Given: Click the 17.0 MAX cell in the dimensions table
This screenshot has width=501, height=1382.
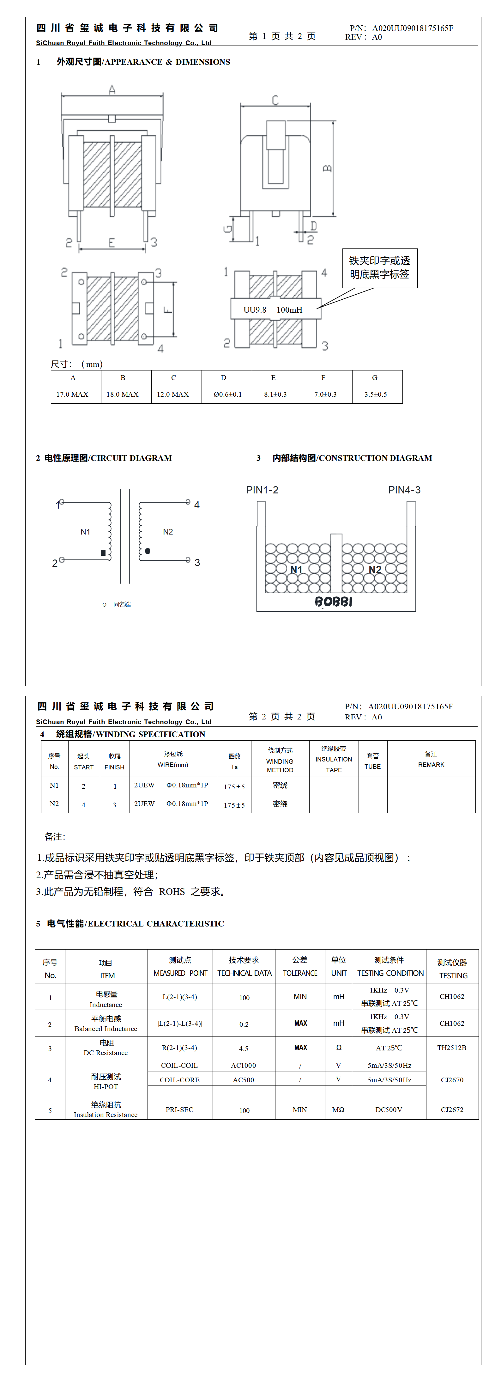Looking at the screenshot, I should tap(72, 394).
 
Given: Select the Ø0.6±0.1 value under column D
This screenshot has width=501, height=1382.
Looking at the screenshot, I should tap(227, 394).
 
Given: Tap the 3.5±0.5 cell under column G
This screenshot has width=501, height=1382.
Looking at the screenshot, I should tap(376, 394).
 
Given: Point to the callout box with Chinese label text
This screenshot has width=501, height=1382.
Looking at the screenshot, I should tap(380, 268).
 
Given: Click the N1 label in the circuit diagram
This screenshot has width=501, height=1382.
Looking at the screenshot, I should tap(85, 532).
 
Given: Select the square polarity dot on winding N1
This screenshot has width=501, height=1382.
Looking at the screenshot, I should tap(103, 552).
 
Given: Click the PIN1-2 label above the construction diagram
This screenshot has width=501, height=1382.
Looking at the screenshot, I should tap(262, 490).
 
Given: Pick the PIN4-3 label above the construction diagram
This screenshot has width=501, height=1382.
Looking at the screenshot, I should tap(404, 490).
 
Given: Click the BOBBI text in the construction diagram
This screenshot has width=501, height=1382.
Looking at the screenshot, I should tap(334, 602).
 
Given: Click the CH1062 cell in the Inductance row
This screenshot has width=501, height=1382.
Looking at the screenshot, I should tap(452, 996).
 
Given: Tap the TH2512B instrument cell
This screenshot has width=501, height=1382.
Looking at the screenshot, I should tap(452, 1047).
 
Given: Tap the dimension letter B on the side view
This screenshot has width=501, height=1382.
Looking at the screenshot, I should tap(327, 168).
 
